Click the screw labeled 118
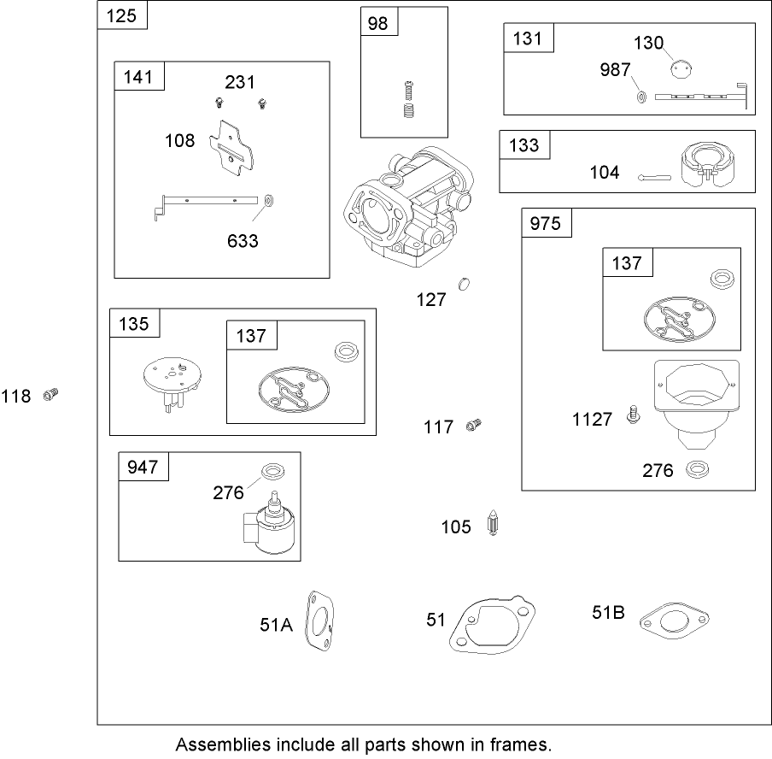point(50,394)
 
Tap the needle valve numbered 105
point(492,525)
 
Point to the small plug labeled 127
point(465,284)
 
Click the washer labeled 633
point(266,201)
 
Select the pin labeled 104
point(655,177)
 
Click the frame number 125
point(122,15)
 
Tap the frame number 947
point(143,467)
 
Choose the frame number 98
point(378,22)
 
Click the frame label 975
point(547,224)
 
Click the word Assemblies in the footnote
point(212,744)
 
